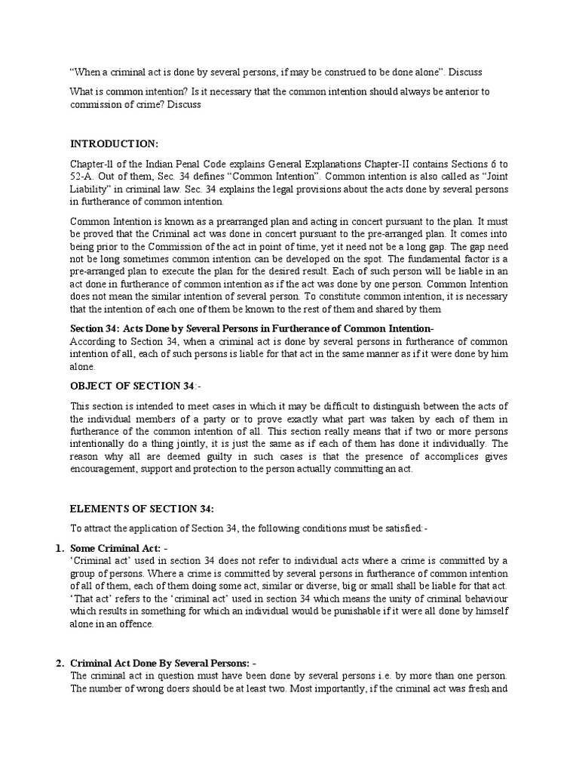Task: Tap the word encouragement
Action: [x=106, y=469]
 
